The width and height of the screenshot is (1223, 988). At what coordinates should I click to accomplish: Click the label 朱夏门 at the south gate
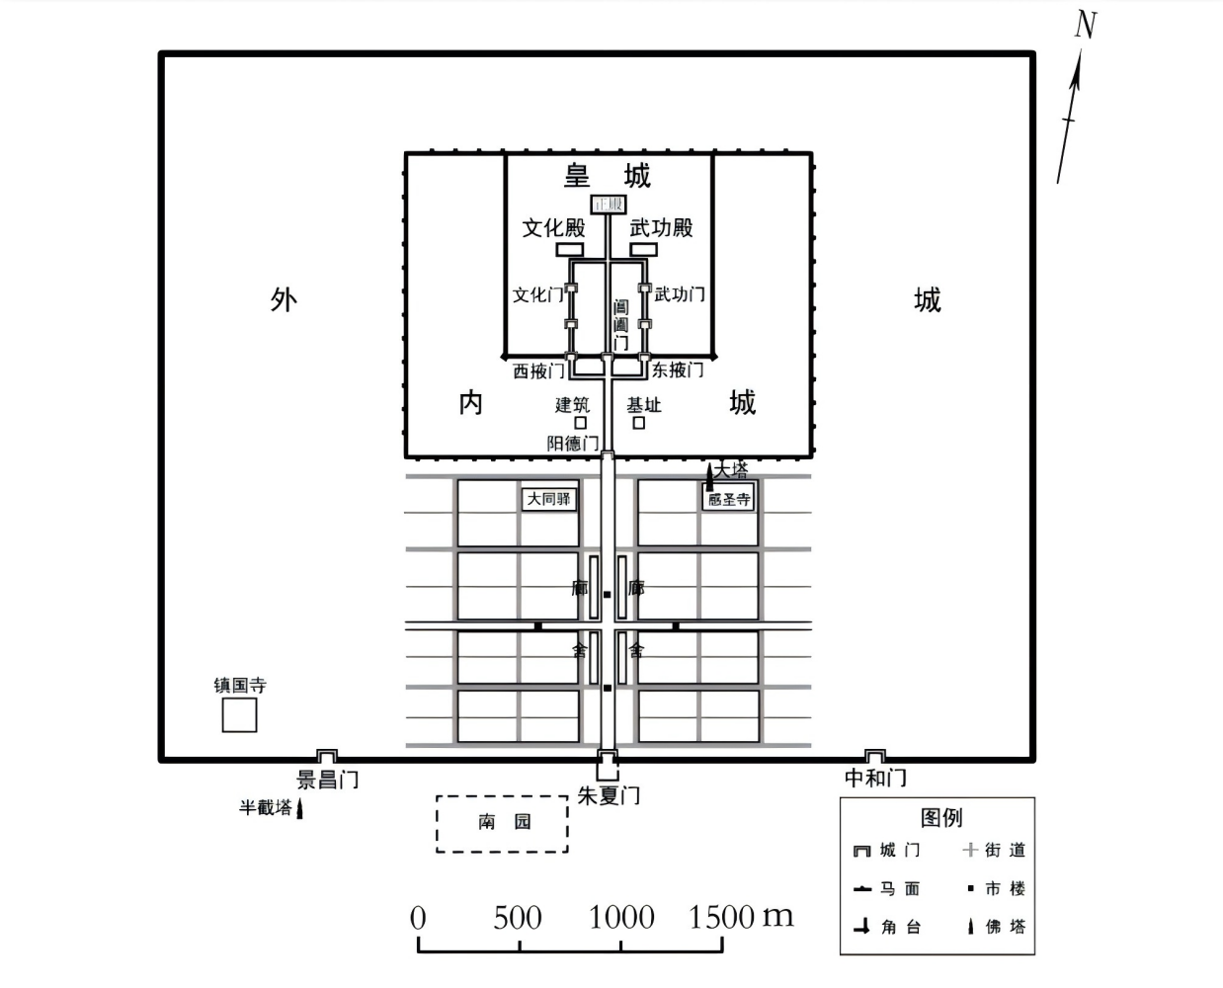pos(609,795)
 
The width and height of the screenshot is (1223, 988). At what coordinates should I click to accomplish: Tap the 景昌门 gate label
pos(327,780)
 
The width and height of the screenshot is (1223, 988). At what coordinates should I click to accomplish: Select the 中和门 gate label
pos(875,779)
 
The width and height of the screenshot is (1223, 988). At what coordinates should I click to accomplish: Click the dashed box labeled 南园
pos(503,823)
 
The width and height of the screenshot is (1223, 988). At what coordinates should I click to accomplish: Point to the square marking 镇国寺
pos(239,715)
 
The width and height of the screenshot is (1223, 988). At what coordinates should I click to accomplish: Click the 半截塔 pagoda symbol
pos(300,810)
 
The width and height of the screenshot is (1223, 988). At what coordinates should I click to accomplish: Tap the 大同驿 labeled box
pos(548,499)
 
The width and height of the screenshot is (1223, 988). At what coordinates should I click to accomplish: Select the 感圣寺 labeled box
pos(729,499)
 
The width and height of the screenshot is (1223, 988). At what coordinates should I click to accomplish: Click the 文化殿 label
pos(553,227)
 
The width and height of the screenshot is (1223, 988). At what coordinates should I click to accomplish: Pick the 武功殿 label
pos(661,227)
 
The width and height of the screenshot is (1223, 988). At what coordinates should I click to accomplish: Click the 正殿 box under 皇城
pos(609,205)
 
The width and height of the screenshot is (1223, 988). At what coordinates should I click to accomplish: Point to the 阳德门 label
pos(573,444)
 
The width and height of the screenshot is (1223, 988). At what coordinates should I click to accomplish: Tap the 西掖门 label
pos(538,371)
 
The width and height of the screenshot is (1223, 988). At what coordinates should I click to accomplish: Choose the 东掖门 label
pos(678,370)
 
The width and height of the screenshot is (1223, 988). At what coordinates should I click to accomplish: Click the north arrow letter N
pos(1085,26)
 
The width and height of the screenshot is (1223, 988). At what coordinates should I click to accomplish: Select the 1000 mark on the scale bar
pos(621,918)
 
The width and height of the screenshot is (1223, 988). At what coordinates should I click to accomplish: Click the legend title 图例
pos(940,817)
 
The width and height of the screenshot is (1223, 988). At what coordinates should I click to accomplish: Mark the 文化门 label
pos(537,294)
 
